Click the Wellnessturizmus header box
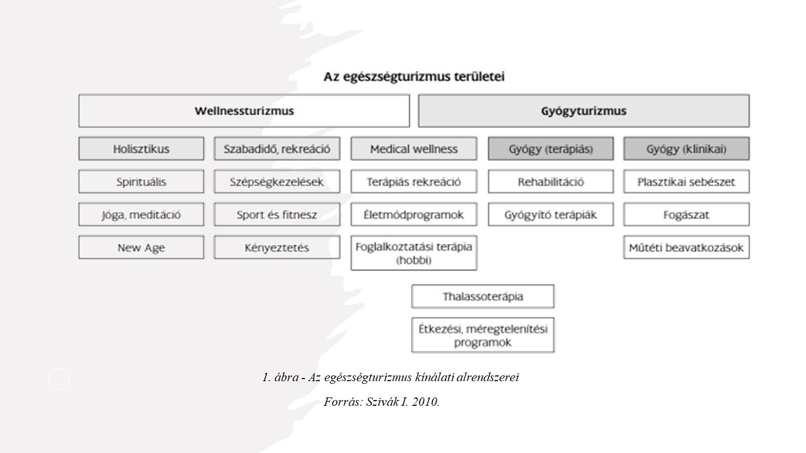coord(244,111)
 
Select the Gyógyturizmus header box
coord(584,111)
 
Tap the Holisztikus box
coord(141,149)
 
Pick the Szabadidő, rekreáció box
coord(277,149)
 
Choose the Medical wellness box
coord(413,149)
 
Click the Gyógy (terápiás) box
coord(550,149)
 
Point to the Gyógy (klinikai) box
coord(686,149)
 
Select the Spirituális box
coord(141,182)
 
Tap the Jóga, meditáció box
coord(141,214)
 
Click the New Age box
coord(141,247)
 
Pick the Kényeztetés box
coord(277,247)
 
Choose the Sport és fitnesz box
coord(277,214)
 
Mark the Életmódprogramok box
coord(413,214)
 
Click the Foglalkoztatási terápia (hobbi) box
coord(413,253)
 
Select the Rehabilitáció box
coord(550,182)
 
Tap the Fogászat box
coord(686,214)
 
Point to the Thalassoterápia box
coord(483,296)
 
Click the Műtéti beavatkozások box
coord(686,247)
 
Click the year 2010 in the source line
coord(426,402)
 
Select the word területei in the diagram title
coord(480,77)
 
